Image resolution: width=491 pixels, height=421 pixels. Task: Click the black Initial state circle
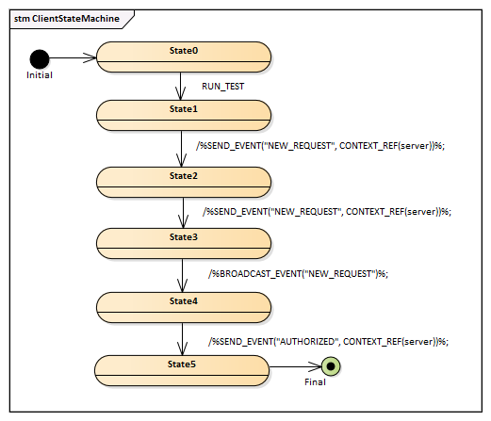pyautogui.click(x=40, y=59)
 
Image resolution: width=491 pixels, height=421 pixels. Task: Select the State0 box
pyautogui.click(x=184, y=57)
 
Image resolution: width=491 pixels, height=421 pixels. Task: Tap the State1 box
pyautogui.click(x=184, y=115)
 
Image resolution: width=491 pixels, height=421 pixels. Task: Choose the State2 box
pyautogui.click(x=184, y=182)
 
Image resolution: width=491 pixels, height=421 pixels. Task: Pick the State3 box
pyautogui.click(x=184, y=243)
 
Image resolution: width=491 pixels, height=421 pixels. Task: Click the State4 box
pyautogui.click(x=184, y=307)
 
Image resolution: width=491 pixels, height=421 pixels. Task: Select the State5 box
pyautogui.click(x=182, y=370)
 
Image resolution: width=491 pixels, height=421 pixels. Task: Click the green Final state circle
pyautogui.click(x=331, y=366)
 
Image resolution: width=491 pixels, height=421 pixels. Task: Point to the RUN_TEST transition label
pyautogui.click(x=222, y=87)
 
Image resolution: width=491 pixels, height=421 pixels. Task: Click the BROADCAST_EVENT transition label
pyautogui.click(x=298, y=274)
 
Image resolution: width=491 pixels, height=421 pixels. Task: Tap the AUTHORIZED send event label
pyautogui.click(x=328, y=342)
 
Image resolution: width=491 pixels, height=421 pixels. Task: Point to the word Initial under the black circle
pyautogui.click(x=40, y=75)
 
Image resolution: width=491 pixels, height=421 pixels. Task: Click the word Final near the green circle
pyautogui.click(x=315, y=382)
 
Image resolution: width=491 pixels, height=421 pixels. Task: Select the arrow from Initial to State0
pyautogui.click(x=73, y=57)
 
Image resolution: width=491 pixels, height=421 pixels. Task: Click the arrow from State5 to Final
pyautogui.click(x=295, y=366)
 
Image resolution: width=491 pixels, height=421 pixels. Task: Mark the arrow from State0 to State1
pyautogui.click(x=180, y=87)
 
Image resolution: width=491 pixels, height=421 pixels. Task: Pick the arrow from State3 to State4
pyautogui.click(x=182, y=276)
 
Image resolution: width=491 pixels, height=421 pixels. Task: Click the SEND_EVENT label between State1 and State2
pyautogui.click(x=320, y=146)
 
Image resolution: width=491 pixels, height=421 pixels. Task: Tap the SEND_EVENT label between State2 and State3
pyautogui.click(x=327, y=212)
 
